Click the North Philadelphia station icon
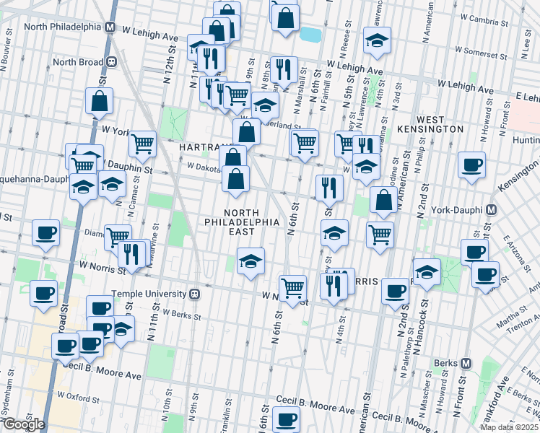point(110,27)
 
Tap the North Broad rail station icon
point(112,62)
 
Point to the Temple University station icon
point(194,294)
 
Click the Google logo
point(23,424)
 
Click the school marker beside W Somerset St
point(377,41)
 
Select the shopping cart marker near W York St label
point(143,143)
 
